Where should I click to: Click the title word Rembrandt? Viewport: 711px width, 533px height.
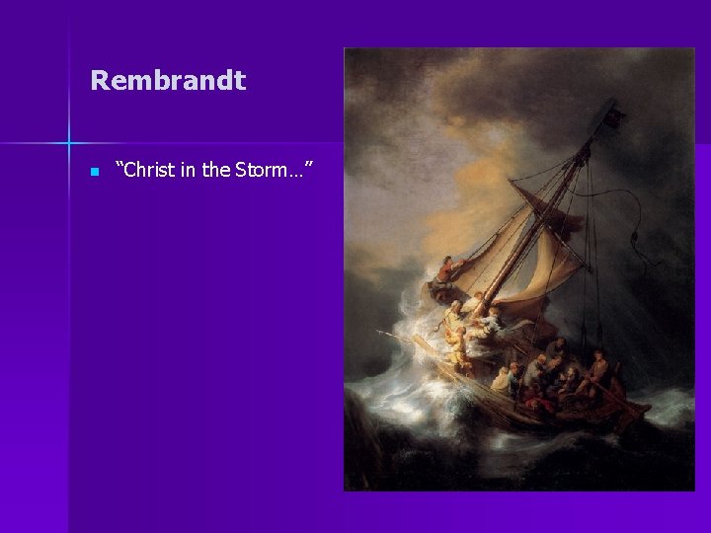[168, 81]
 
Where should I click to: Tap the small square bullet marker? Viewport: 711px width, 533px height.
[94, 172]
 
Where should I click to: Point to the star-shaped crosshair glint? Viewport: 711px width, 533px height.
[69, 142]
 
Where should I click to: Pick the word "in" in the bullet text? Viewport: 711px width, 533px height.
[189, 171]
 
